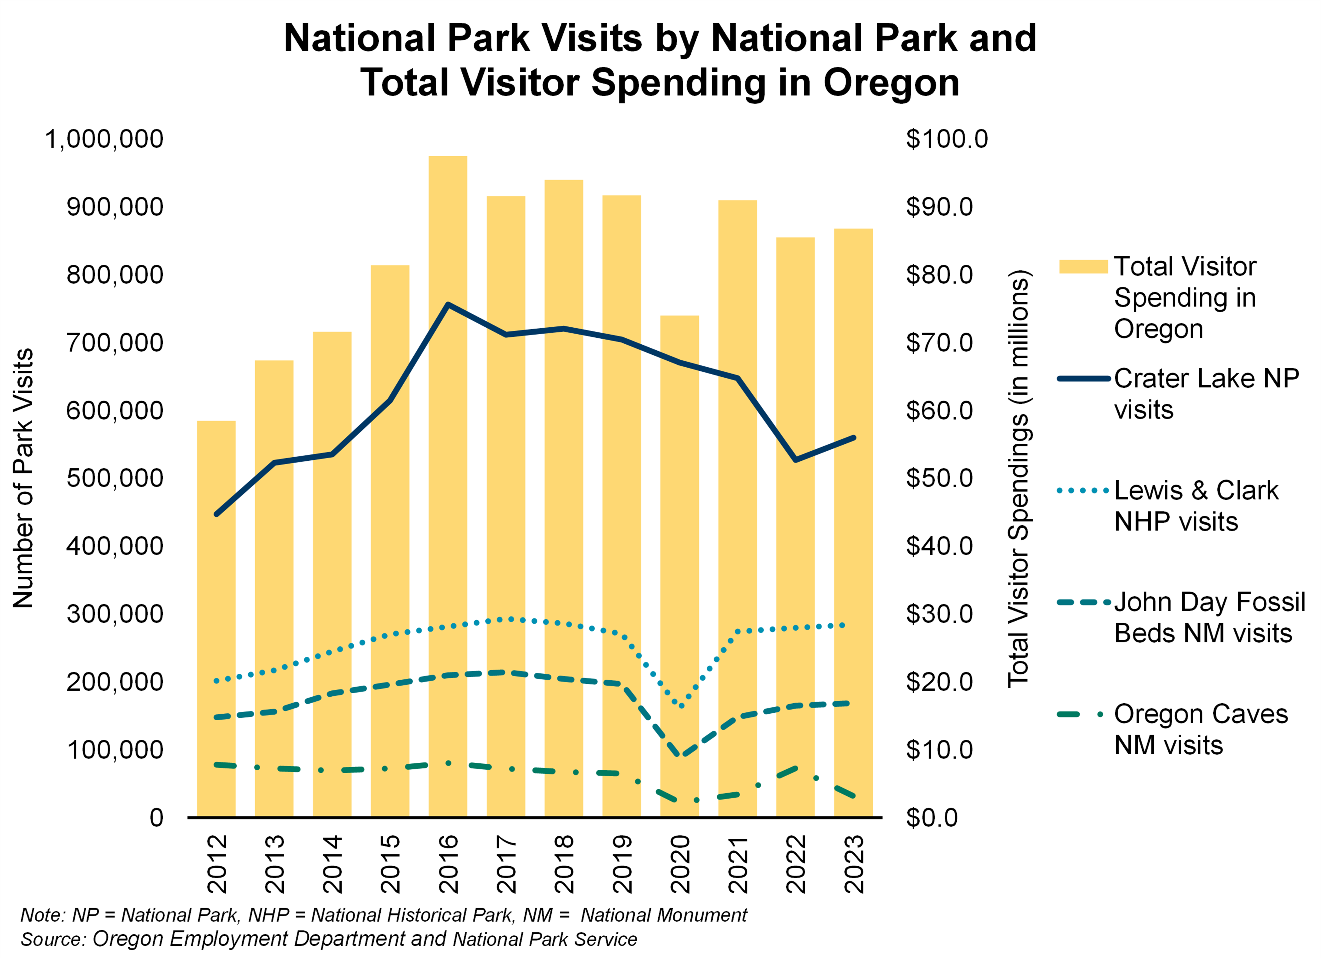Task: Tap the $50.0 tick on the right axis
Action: pos(939,478)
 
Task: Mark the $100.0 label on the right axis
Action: pos(946,139)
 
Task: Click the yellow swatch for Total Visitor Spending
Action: pos(1083,266)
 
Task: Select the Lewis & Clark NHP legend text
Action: pos(1196,506)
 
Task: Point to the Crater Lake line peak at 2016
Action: pos(447,304)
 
